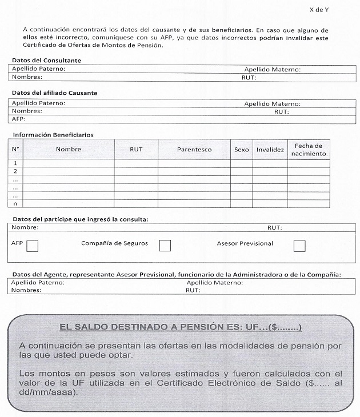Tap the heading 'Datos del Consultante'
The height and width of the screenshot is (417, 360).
tap(46, 61)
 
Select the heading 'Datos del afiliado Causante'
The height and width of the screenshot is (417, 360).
tap(54, 93)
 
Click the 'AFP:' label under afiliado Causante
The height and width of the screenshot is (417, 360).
tap(19, 119)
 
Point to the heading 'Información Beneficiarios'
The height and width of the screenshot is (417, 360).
tap(53, 135)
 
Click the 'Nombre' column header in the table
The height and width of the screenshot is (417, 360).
tap(68, 150)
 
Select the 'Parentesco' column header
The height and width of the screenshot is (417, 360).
tap(194, 150)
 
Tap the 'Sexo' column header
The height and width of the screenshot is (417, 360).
tap(242, 150)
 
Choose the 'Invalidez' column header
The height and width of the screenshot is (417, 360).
tap(270, 150)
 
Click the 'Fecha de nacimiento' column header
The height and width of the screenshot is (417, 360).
tap(309, 150)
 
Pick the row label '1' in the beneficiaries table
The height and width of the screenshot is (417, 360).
tap(16, 163)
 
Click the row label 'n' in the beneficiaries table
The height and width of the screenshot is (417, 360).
tap(16, 203)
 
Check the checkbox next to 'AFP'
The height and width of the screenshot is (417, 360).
tap(33, 246)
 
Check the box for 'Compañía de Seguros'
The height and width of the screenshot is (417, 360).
tap(165, 246)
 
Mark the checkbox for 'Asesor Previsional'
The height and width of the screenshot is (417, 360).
tap(299, 246)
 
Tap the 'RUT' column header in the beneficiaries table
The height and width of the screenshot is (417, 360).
tap(136, 150)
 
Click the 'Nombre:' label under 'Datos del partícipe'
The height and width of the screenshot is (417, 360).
tap(25, 228)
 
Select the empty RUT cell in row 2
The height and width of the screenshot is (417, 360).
tap(136, 171)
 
